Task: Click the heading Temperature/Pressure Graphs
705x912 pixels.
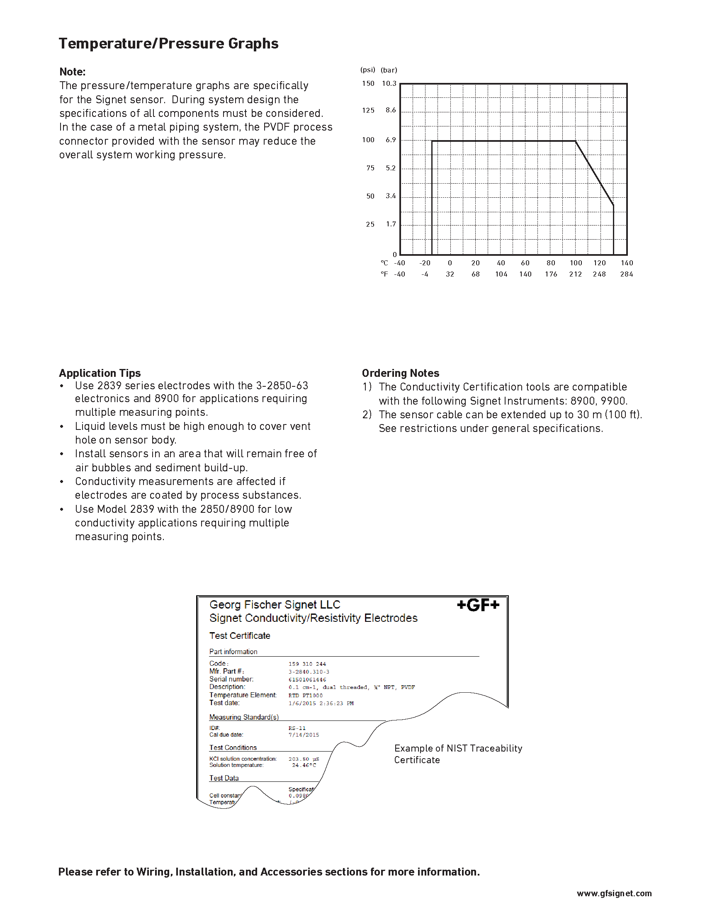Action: (168, 44)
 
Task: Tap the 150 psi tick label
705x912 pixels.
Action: (368, 83)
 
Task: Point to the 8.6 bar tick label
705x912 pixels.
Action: (391, 110)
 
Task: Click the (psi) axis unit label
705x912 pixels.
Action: (367, 70)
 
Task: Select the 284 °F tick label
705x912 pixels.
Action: (627, 274)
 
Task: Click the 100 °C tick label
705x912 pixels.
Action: (576, 263)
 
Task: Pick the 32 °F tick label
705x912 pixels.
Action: (450, 274)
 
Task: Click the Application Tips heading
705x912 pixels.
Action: (100, 373)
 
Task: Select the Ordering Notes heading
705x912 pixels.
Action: (401, 373)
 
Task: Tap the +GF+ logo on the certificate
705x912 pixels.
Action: (478, 605)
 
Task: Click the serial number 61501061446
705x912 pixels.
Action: (307, 680)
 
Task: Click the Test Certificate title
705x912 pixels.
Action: (240, 635)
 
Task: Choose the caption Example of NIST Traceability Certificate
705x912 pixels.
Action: (458, 754)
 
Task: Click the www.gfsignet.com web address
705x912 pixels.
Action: (614, 893)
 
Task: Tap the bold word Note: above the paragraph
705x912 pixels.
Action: (72, 72)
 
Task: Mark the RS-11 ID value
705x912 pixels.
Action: (297, 728)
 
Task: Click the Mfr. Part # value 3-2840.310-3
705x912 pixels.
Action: (309, 672)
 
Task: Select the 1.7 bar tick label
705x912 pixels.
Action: (391, 224)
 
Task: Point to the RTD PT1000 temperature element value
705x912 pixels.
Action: (305, 696)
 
